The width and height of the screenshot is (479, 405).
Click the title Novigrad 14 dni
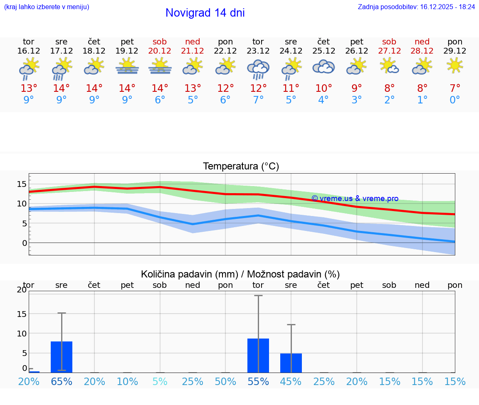click(205, 13)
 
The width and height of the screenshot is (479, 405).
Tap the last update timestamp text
click(416, 7)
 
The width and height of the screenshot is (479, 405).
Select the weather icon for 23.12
click(258, 69)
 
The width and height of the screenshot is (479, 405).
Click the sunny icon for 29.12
click(455, 65)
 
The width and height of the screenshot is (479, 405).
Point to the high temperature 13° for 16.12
click(29, 88)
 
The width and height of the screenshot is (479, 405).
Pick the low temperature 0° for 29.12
click(455, 100)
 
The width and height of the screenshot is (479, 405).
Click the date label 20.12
click(160, 51)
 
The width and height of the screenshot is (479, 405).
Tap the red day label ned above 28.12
click(422, 42)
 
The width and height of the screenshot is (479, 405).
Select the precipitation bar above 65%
click(62, 357)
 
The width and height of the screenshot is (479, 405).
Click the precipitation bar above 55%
click(258, 356)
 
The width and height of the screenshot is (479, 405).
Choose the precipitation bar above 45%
click(291, 363)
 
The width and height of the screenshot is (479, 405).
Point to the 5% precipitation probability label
click(160, 381)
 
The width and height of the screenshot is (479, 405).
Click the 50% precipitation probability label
click(225, 381)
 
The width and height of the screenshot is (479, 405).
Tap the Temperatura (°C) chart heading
click(241, 167)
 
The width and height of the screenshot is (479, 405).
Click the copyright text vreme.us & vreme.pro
click(355, 199)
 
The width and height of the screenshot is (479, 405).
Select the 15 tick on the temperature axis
click(22, 184)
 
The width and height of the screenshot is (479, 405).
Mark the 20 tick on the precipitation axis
click(22, 290)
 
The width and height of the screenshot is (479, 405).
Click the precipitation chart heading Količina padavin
click(240, 274)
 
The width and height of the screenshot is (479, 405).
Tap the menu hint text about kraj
click(46, 7)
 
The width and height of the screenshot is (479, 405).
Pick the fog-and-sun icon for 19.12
click(127, 66)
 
